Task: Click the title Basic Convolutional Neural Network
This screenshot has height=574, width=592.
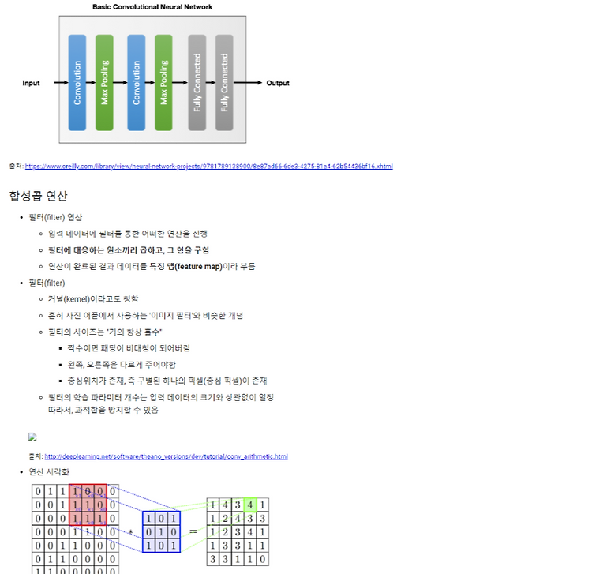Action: [152, 7]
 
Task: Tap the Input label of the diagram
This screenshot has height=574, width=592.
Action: [31, 83]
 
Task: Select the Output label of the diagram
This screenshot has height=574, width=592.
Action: [278, 83]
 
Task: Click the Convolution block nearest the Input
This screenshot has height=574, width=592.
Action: [77, 82]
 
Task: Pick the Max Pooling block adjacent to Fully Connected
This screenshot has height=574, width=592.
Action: [163, 82]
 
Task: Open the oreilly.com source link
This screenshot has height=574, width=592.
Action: [208, 167]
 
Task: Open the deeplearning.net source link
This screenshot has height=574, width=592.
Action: [166, 456]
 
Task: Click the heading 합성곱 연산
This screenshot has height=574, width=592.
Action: [39, 196]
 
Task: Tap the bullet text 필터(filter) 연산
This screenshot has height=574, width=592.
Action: [55, 217]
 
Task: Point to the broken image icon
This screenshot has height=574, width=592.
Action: [32, 437]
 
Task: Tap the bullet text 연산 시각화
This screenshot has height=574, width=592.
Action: [49, 471]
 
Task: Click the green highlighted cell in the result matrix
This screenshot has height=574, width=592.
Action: [249, 505]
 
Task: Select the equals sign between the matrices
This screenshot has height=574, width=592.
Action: [193, 532]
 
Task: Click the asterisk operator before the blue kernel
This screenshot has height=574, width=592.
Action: [131, 532]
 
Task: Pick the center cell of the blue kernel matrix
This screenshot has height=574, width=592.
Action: [162, 532]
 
